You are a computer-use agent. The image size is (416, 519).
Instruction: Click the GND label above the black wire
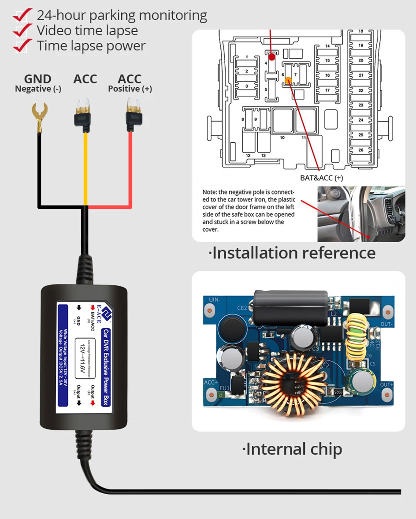pos(37,79)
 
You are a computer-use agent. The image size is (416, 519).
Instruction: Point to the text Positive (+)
pos(130,89)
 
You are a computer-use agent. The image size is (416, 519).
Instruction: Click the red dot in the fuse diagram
pos(272,56)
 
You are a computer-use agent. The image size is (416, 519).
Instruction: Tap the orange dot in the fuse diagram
pos(288,80)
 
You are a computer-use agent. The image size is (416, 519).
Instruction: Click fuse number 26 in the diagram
pos(361,150)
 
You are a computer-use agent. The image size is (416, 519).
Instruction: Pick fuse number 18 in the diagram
pos(361,32)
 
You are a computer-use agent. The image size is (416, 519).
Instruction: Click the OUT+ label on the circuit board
pos(386,384)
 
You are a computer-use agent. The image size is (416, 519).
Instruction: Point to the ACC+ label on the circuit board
pos(211,383)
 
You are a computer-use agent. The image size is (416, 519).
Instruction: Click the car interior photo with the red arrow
pos(360,213)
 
